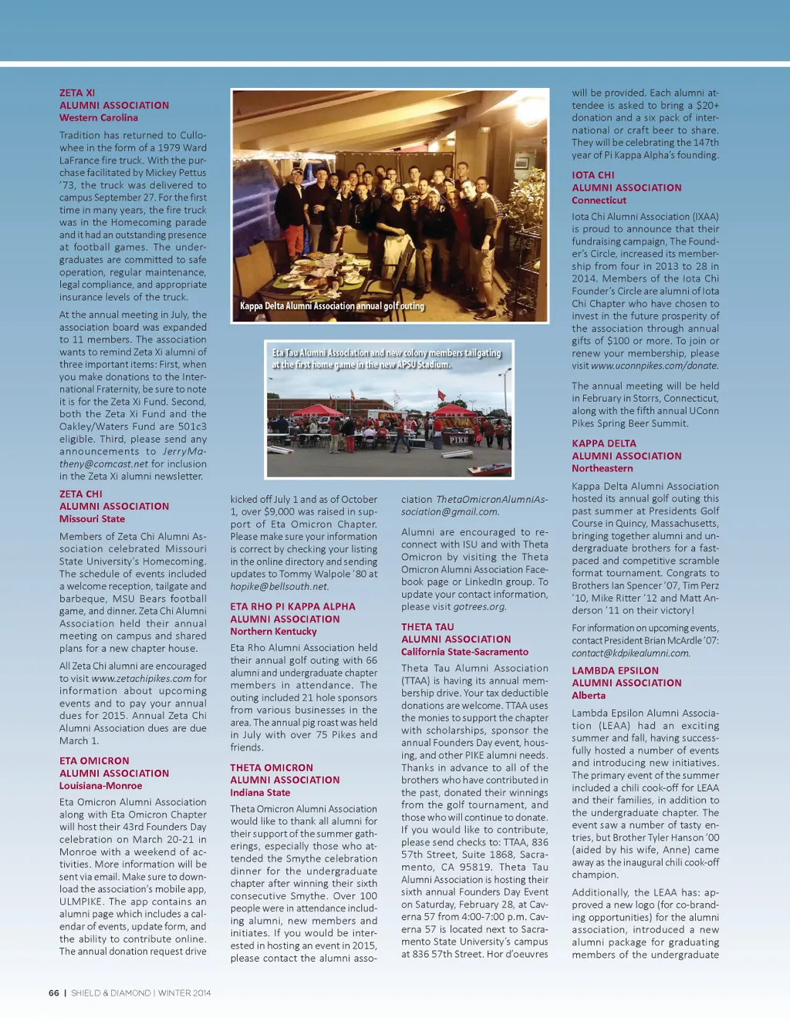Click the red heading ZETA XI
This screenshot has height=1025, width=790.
77,93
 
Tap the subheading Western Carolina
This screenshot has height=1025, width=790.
99,118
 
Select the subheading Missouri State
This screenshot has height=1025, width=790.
92,519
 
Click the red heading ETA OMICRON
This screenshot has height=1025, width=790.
94,760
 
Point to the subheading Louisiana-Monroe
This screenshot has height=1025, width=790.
100,786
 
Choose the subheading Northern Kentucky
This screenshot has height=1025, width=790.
273,632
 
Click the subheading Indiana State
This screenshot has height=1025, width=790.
260,793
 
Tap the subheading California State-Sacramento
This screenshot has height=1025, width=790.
464,652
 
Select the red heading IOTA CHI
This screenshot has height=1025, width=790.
593,175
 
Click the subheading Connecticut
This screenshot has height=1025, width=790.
599,201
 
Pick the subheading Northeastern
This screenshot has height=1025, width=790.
602,469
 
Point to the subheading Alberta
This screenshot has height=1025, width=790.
589,696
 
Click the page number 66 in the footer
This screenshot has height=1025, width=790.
54,993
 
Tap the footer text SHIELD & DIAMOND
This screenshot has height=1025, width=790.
110,993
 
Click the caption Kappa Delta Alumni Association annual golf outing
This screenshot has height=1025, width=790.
332,306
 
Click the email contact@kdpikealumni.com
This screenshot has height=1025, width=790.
630,653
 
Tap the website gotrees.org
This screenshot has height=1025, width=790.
479,607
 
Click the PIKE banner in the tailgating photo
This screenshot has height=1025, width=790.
459,440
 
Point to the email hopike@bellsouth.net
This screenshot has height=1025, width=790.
279,587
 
